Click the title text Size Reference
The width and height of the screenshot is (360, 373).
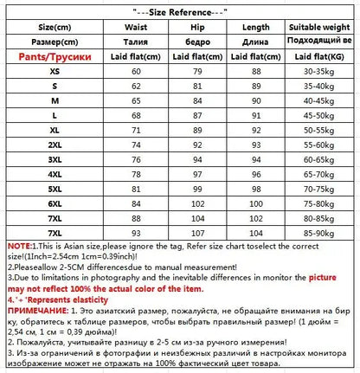click(179, 13)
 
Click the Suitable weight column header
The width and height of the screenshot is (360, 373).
click(317, 28)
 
